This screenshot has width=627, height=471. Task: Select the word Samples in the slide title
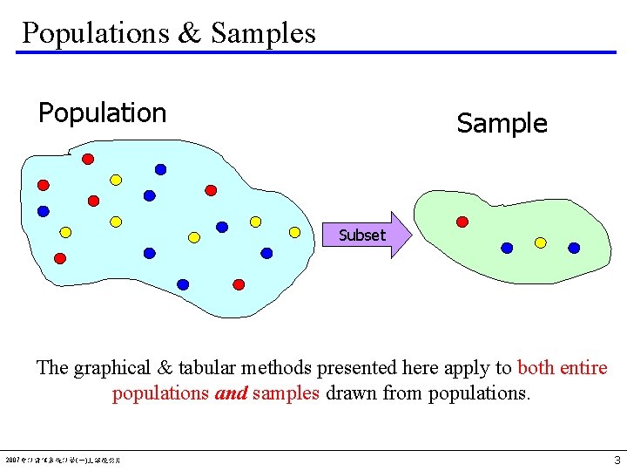point(263,33)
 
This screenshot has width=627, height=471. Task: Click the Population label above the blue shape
point(102,113)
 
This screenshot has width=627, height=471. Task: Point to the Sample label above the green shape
point(502,124)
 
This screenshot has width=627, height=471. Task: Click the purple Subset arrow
point(365,235)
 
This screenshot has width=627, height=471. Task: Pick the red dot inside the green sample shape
point(462,222)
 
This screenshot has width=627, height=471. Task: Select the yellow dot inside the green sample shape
point(540,242)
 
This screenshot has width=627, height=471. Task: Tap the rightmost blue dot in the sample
point(574,248)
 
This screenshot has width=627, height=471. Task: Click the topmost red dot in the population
point(88,159)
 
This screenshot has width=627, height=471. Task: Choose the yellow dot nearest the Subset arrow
point(294,232)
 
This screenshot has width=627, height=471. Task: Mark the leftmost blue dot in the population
point(43,211)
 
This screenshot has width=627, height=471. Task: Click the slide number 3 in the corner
point(617,460)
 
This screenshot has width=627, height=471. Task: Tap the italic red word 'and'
point(231,393)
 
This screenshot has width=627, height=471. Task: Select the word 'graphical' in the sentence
point(116,368)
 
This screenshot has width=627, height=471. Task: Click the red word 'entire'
point(583,368)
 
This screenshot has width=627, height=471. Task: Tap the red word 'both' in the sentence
point(536,368)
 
